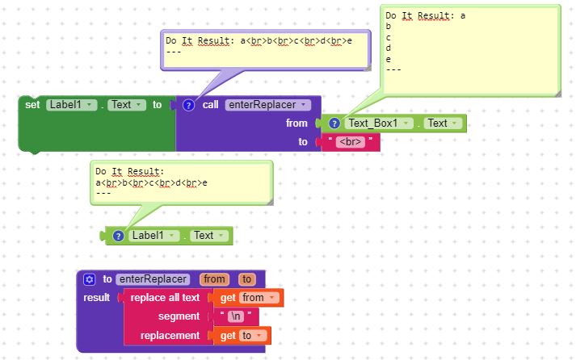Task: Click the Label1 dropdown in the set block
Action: (x=72, y=105)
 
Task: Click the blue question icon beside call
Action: (x=188, y=105)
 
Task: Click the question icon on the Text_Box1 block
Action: (x=334, y=123)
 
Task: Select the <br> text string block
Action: (x=351, y=142)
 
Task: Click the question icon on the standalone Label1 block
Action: (x=118, y=236)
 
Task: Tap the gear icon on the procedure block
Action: (x=90, y=279)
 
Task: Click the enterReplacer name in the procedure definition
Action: (x=153, y=279)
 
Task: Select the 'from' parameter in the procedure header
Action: (x=214, y=279)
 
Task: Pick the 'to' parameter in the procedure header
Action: (x=247, y=279)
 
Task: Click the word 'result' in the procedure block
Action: (x=97, y=298)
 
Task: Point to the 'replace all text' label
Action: (x=165, y=298)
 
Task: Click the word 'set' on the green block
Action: (x=32, y=105)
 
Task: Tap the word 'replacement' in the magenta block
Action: (x=170, y=335)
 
